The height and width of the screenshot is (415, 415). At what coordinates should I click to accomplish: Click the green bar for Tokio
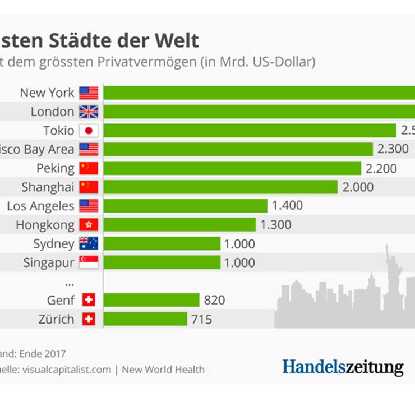(x=250, y=131)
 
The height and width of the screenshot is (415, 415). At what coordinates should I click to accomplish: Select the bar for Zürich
(x=145, y=319)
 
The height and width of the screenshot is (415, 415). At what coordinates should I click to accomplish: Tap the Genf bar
(x=151, y=300)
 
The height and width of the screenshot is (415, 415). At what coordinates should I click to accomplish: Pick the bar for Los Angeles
(x=185, y=206)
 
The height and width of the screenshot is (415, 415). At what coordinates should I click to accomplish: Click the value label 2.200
(x=381, y=168)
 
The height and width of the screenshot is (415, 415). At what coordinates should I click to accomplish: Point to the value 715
(x=202, y=319)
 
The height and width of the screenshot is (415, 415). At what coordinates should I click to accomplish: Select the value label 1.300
(x=276, y=225)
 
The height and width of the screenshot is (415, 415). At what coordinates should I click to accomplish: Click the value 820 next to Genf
(x=214, y=300)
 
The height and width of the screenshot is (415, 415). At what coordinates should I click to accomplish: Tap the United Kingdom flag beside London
(x=89, y=112)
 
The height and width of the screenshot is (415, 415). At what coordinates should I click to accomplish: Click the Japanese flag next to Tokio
(x=89, y=131)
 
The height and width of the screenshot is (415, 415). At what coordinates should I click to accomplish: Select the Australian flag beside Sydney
(x=89, y=243)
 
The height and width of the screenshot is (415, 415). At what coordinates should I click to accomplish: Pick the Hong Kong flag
(x=89, y=225)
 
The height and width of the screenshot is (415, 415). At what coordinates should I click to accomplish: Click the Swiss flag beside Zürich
(x=89, y=319)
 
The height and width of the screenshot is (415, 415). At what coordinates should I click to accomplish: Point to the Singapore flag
(x=89, y=262)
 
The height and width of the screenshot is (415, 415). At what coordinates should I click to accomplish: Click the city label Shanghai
(x=48, y=187)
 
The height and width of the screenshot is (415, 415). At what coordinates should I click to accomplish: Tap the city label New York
(x=47, y=93)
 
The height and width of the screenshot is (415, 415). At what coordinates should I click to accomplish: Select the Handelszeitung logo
(x=343, y=367)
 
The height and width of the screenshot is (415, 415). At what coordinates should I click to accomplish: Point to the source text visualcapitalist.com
(x=66, y=370)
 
